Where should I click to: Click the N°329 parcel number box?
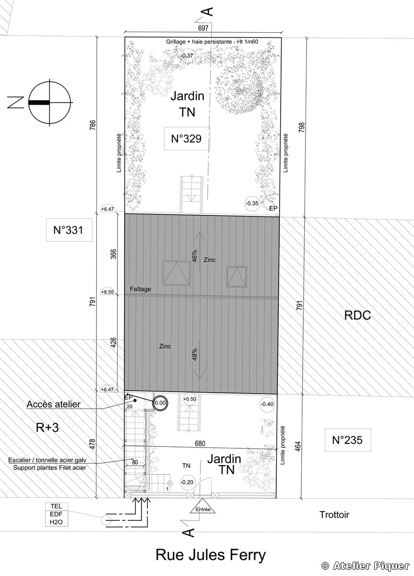[x=187, y=138]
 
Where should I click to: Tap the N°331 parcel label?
[x=69, y=229]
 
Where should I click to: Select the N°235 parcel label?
[x=348, y=440]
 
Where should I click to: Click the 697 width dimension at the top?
[x=203, y=28]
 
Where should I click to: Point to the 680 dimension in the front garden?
[x=200, y=444]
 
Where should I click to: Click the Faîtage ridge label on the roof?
[x=140, y=289]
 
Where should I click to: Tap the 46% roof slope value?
[x=194, y=256]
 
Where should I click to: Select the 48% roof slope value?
[x=194, y=354]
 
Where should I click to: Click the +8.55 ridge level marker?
[x=107, y=292]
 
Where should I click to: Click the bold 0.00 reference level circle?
[x=160, y=403]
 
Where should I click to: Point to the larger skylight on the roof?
[x=177, y=273]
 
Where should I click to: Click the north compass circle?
[x=49, y=102]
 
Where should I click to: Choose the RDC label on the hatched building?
[x=357, y=315]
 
